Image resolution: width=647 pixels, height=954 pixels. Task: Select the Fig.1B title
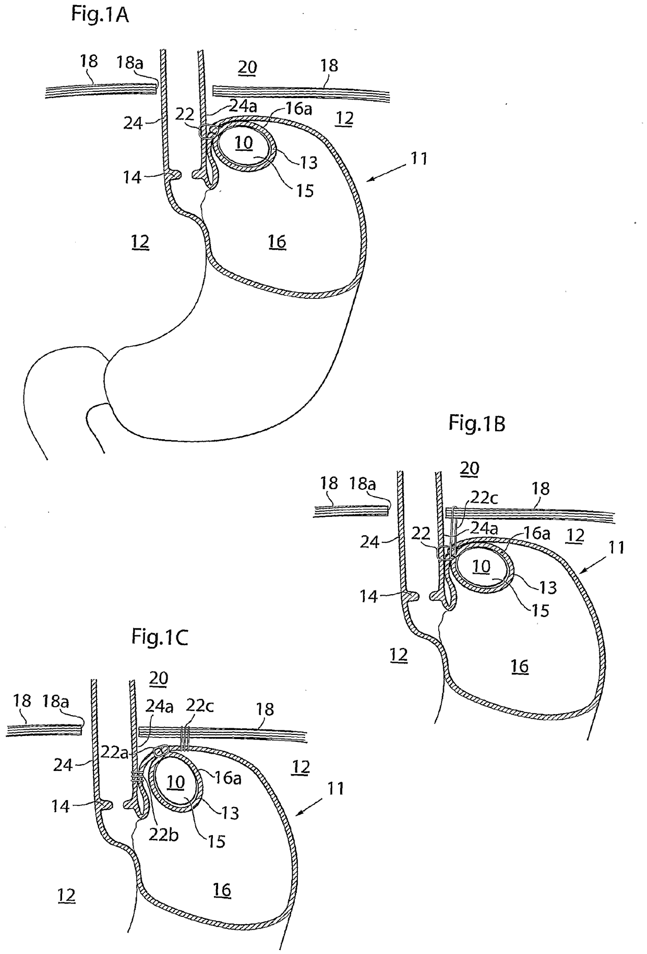(476, 424)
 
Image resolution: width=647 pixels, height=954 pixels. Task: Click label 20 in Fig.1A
(247, 67)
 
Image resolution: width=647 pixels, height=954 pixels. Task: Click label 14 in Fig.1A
(132, 177)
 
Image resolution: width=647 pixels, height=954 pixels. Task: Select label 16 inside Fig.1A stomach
(277, 241)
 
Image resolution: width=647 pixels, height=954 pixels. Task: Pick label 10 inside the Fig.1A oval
(244, 142)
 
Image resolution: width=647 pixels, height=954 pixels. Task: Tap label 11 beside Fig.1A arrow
(419, 158)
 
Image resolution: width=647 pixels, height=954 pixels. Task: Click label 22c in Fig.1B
(484, 498)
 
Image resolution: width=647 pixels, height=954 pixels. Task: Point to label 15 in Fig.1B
(541, 610)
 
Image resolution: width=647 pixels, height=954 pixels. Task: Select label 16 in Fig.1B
(520, 666)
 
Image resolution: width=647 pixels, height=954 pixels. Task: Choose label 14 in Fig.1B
(368, 596)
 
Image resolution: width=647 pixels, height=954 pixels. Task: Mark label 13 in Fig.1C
(230, 813)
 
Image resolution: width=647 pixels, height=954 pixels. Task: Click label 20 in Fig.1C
(159, 678)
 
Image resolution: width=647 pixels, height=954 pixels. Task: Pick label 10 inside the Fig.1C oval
(176, 781)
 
